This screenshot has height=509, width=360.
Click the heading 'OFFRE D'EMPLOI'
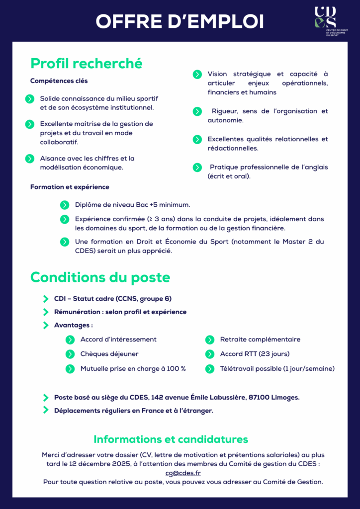(180, 21)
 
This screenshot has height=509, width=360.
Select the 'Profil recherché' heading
(87, 64)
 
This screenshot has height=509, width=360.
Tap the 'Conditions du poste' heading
(100, 277)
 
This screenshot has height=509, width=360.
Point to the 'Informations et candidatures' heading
(171, 439)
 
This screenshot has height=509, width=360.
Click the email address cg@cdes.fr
(183, 473)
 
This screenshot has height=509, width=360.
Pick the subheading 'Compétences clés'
(59, 81)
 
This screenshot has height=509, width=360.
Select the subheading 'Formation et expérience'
(70, 187)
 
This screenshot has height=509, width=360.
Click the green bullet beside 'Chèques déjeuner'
(70, 354)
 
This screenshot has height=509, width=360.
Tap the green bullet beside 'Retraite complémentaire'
(210, 339)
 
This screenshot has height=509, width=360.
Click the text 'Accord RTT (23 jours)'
(255, 354)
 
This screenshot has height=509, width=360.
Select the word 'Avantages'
(73, 325)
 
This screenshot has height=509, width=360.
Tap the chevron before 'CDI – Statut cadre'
(46, 299)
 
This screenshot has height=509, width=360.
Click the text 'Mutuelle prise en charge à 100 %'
(133, 369)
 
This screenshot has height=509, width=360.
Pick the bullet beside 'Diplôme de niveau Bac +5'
(65, 205)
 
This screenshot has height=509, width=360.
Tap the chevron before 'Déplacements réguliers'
(46, 410)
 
